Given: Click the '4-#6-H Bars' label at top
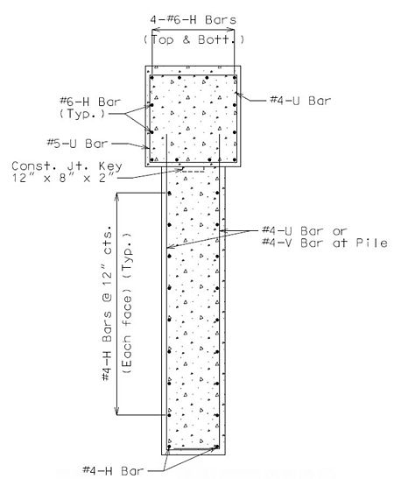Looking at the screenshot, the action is (x=193, y=20).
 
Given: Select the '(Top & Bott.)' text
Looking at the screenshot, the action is (x=194, y=39).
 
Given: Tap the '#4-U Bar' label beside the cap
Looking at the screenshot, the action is (x=300, y=101).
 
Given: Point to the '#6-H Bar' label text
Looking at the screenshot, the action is (x=90, y=102).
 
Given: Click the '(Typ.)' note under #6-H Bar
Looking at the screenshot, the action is (x=82, y=114).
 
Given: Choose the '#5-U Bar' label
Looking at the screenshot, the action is (x=77, y=144).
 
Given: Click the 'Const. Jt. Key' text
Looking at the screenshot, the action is (x=67, y=166).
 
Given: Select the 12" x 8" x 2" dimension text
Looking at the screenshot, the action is (x=64, y=178).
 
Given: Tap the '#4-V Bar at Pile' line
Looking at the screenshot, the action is (x=325, y=243).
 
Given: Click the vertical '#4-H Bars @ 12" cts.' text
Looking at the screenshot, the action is (x=107, y=303).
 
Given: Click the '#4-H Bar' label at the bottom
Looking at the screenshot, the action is (x=113, y=470).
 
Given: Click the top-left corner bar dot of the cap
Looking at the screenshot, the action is (x=151, y=78).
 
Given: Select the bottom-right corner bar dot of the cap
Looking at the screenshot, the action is (x=235, y=159).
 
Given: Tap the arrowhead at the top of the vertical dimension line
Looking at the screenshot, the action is (x=116, y=196).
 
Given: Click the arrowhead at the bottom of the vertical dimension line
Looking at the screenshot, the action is (x=116, y=412).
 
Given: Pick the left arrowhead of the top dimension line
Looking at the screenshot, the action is (x=156, y=30).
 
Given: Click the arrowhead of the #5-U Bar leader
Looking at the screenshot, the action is (x=145, y=147).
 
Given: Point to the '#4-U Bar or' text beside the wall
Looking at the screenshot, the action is (x=305, y=230).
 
